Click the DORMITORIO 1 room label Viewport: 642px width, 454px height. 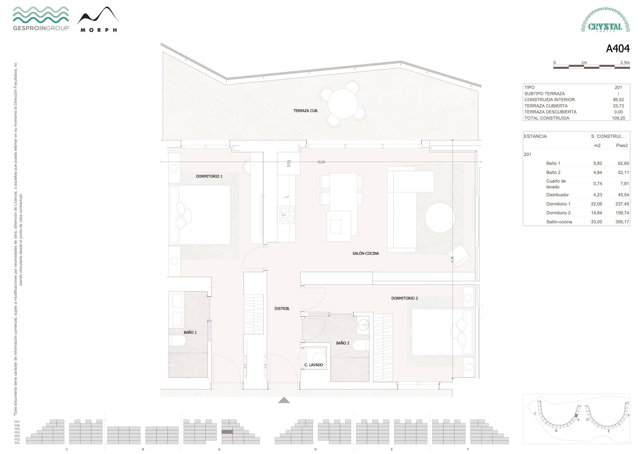(209, 177)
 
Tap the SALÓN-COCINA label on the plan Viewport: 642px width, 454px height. (365, 253)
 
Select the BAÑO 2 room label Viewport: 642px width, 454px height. (343, 343)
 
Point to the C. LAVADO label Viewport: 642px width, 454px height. (313, 365)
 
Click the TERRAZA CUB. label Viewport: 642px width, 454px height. (306, 111)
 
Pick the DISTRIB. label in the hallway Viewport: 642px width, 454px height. (282, 309)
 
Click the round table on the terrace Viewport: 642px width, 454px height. (343, 104)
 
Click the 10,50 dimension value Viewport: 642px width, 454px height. (321, 162)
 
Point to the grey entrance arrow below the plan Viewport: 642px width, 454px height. (284, 400)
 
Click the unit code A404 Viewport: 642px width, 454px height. (618, 49)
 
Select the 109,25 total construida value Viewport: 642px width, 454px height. (618, 118)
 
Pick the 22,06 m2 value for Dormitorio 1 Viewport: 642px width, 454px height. (596, 204)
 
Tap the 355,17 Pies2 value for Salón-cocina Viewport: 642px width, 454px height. (622, 222)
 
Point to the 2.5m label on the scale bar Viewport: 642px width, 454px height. (625, 63)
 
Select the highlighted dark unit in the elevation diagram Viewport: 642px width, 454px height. (227, 432)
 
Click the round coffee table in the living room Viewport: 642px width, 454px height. (440, 218)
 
